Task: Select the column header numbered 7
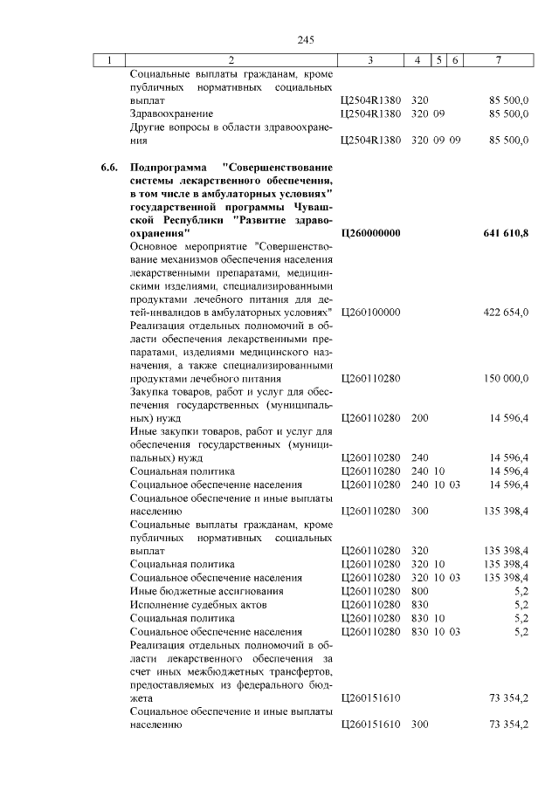click(497, 60)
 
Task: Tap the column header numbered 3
click(371, 60)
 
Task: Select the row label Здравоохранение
click(171, 113)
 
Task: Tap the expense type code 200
click(419, 418)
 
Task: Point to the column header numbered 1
click(108, 60)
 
